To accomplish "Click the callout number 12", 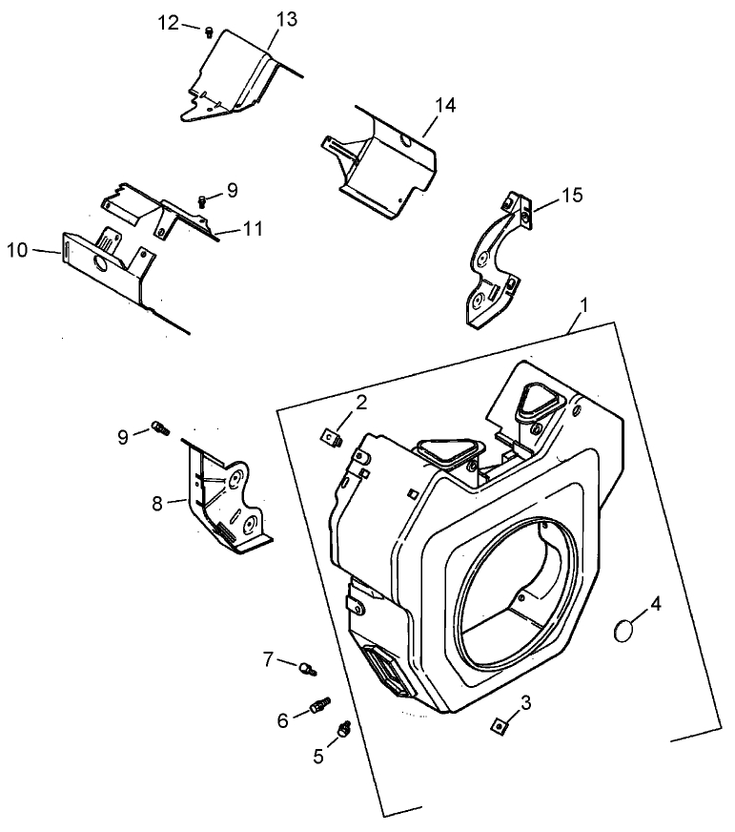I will tap(168, 23).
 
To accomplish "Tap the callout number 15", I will tap(571, 196).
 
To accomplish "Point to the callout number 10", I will tap(18, 250).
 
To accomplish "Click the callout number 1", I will tap(583, 308).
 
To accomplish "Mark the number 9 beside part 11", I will tap(232, 190).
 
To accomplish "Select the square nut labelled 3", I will tap(498, 726).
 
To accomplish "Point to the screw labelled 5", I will tap(343, 730).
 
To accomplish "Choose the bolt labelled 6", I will tap(320, 707).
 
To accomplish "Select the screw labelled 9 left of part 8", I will tap(159, 429).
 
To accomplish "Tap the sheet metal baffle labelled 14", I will tap(381, 157).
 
